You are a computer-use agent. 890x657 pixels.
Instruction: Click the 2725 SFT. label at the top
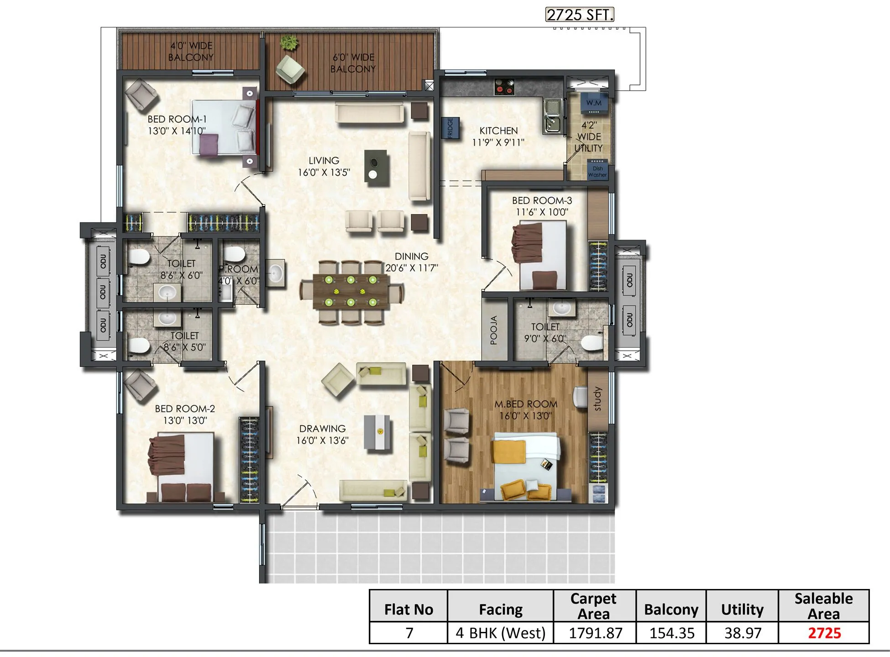point(580,15)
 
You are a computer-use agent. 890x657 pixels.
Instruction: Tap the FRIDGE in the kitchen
point(450,128)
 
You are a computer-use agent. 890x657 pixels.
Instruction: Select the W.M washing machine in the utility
point(594,104)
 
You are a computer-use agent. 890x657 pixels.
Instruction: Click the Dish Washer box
point(597,170)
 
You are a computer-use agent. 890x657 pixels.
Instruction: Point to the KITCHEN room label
point(498,131)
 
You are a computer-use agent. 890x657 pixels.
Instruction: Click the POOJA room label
point(493,330)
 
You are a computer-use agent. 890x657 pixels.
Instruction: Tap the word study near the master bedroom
point(597,399)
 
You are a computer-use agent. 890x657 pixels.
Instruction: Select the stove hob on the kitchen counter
point(504,86)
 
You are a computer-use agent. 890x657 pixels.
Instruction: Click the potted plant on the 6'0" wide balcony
point(289,43)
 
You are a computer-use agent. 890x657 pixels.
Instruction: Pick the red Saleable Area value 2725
point(824,633)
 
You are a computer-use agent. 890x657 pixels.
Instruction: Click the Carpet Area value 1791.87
point(595,633)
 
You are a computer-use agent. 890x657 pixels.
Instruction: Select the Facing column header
point(501,609)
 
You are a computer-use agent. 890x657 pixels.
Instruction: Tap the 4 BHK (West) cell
point(501,633)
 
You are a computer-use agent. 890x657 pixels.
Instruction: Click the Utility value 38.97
point(743,633)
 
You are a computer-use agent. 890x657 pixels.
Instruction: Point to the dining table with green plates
point(351,291)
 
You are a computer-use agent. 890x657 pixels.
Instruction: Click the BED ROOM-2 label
point(185,409)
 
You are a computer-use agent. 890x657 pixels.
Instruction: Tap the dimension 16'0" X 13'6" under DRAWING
point(322,440)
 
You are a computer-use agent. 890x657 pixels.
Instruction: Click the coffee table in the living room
point(377,168)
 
